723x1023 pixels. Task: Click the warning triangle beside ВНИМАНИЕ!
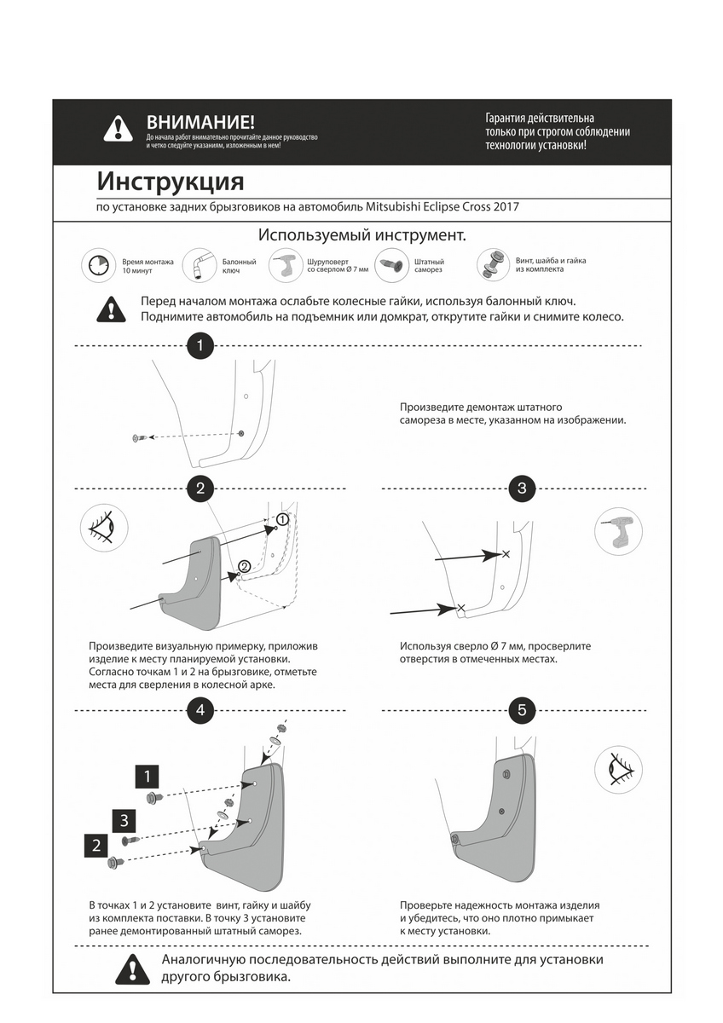(x=118, y=129)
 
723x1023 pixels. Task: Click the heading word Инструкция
(x=171, y=182)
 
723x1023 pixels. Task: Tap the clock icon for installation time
(x=99, y=266)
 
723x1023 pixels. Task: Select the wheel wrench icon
(x=200, y=266)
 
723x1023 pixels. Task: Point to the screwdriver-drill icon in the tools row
(x=286, y=266)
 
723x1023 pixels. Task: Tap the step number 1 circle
(x=200, y=346)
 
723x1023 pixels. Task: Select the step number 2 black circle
(x=200, y=488)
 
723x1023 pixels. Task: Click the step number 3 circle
(x=522, y=488)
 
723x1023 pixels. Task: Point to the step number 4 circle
(x=200, y=709)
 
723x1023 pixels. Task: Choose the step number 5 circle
(x=522, y=709)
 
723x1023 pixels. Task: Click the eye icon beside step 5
(x=617, y=767)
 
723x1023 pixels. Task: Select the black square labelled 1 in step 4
(x=147, y=777)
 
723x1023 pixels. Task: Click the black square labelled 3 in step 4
(x=124, y=821)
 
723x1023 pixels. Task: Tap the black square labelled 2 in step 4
(x=95, y=846)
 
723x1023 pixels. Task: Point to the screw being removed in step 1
(x=140, y=437)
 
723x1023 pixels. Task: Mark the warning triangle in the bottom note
(x=131, y=967)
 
